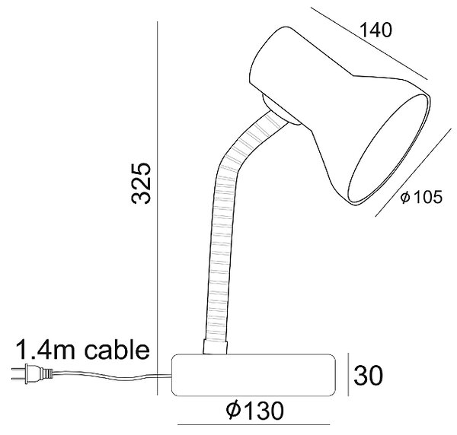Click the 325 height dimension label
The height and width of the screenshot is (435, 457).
tap(142, 183)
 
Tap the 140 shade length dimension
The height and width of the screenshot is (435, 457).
tap(376, 30)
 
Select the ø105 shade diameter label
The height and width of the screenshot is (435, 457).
tap(421, 197)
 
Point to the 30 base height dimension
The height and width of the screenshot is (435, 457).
tap(368, 376)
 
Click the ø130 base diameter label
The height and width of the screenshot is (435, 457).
tap(255, 411)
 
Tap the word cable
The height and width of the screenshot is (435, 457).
tap(117, 350)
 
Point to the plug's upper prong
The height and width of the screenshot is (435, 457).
tap(18, 370)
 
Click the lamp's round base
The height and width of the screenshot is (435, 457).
tap(254, 375)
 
